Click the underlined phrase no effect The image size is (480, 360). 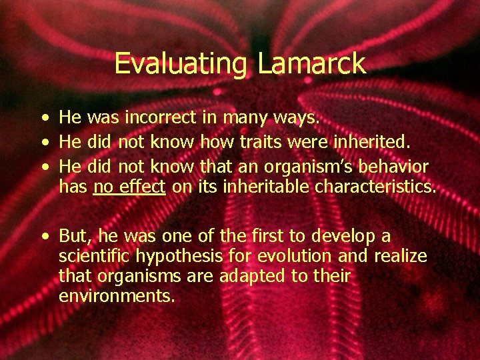tap(129, 187)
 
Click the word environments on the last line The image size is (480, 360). tap(117, 296)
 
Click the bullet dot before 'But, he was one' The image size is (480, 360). tap(43, 237)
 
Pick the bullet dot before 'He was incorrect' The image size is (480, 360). tap(43, 119)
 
